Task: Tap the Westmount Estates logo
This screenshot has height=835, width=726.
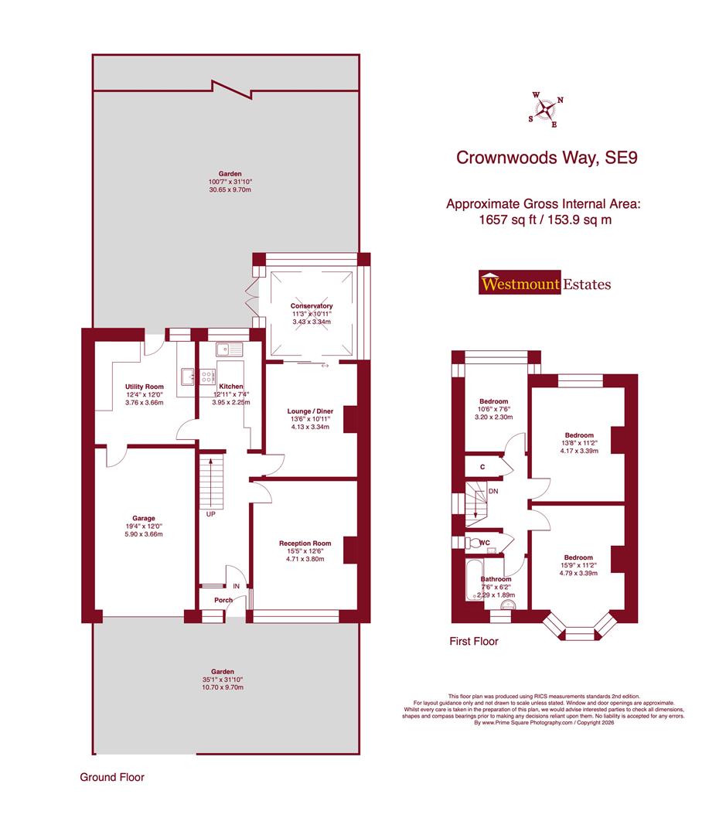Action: point(545,284)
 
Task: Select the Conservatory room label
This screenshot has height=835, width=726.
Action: point(312,306)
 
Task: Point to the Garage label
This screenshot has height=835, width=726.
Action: point(143,518)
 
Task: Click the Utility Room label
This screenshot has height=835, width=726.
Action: point(145,387)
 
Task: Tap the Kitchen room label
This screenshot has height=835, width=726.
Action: point(230,387)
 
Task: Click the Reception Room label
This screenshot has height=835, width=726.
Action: point(305,544)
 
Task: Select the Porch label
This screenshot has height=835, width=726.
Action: point(212,600)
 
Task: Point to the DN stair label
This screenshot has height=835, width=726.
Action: point(493,491)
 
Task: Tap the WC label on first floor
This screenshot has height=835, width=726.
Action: point(484,543)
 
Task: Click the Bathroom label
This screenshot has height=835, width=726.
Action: point(496,578)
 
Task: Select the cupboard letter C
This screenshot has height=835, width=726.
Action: point(482,467)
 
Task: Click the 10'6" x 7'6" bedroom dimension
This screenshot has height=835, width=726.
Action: point(493,409)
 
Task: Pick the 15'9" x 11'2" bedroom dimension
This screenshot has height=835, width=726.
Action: point(578,566)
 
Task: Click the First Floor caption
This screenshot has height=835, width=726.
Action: point(474,641)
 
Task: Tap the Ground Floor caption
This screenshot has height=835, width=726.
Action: point(112,777)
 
